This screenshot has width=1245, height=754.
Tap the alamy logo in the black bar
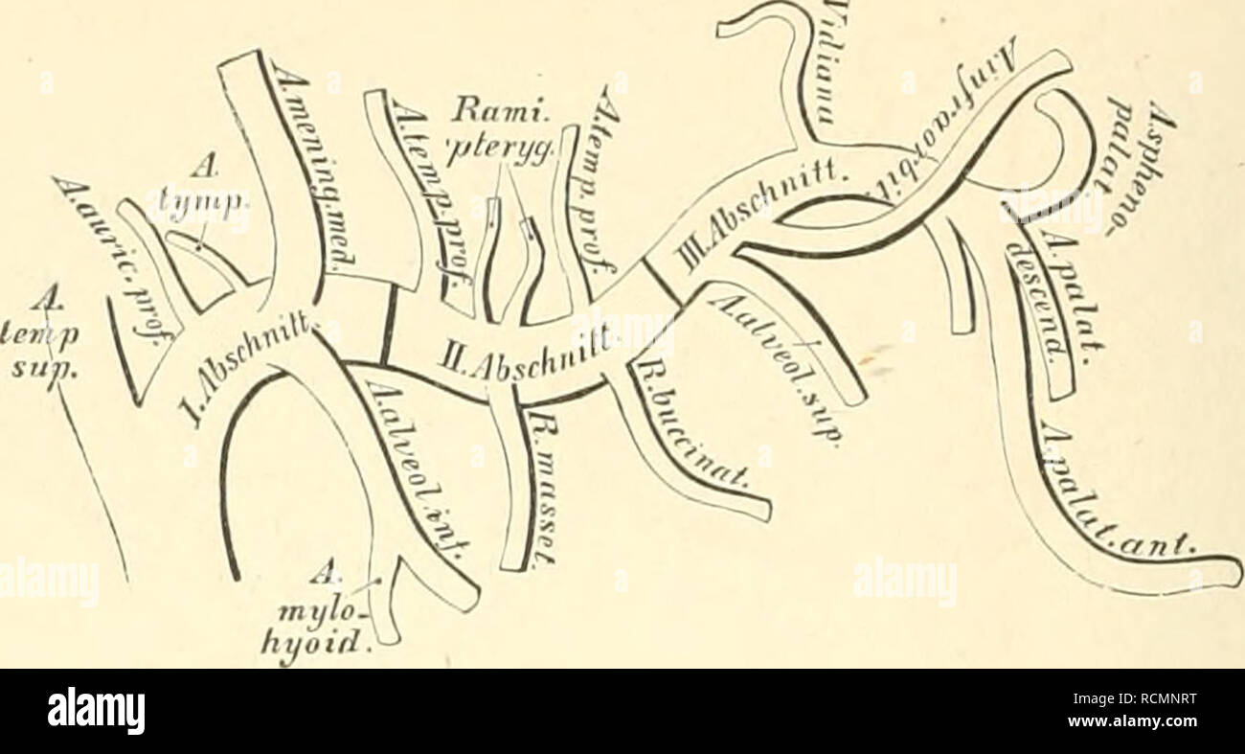point(96,711)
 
